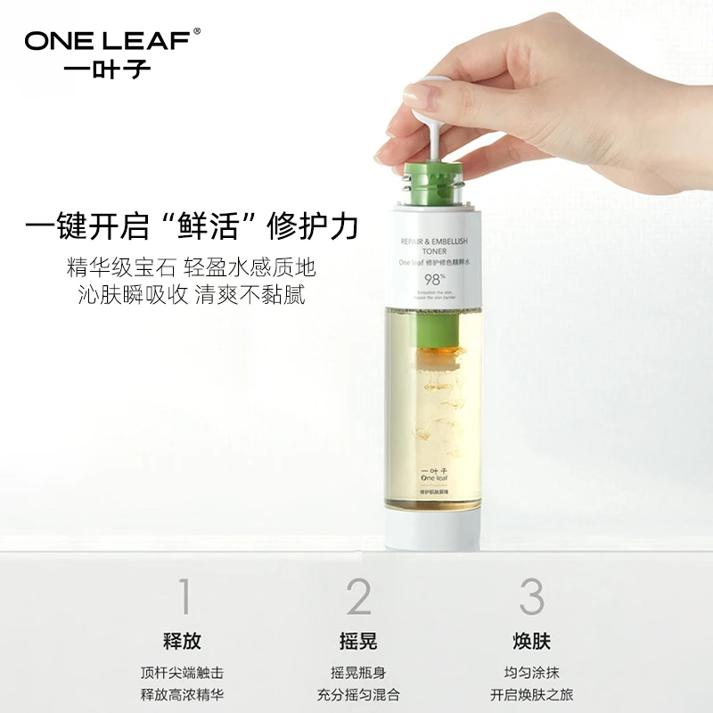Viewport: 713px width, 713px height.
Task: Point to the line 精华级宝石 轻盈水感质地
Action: coord(191,268)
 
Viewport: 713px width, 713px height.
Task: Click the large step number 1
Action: coord(184,596)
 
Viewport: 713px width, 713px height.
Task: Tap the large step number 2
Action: coord(358,596)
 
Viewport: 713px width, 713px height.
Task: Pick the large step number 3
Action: coord(532,596)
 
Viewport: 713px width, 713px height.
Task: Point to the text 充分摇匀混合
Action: coord(358,693)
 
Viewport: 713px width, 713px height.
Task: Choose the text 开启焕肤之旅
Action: coord(532,693)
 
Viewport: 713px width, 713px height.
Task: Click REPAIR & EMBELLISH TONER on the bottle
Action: coord(430,247)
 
